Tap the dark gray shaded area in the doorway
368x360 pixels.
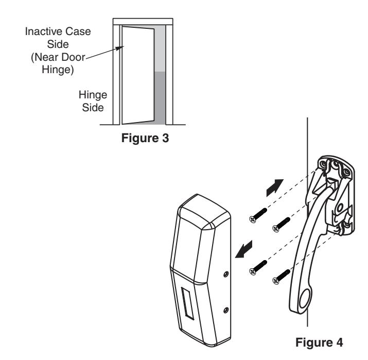160,98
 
